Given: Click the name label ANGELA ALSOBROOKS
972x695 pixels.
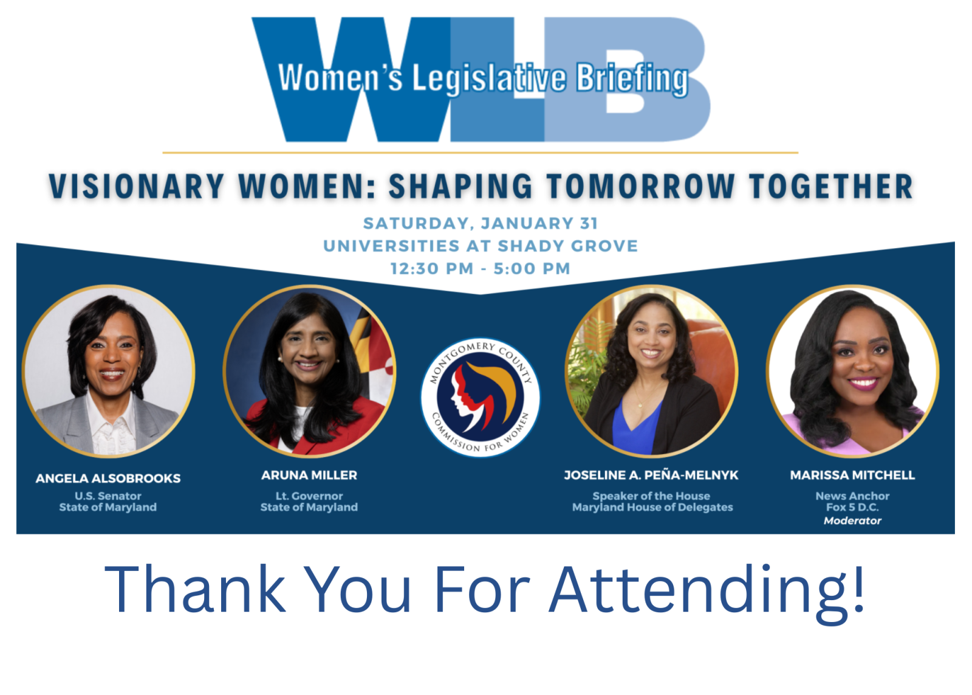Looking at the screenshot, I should (x=108, y=479).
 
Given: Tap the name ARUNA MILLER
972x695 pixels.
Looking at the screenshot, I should (x=309, y=475).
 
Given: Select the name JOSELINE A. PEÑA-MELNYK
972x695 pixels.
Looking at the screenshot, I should (x=651, y=475).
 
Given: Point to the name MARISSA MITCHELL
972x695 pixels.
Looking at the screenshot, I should (x=852, y=475).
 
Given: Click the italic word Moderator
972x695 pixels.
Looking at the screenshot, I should (x=852, y=520).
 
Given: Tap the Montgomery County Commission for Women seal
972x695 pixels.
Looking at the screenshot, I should (x=480, y=397).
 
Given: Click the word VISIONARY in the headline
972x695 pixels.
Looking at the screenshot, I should (x=137, y=187).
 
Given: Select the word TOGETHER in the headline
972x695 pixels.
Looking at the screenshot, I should (x=831, y=187).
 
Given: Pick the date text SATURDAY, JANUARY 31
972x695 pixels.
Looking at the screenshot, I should (x=481, y=224).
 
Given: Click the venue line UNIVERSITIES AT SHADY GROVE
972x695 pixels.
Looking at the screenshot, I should (x=481, y=246).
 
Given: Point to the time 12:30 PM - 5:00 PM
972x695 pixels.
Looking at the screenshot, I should (x=481, y=269).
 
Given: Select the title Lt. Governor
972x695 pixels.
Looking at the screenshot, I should (x=309, y=496).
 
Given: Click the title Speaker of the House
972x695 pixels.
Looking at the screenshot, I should (x=651, y=496).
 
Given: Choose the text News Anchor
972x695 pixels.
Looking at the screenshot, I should (x=852, y=496).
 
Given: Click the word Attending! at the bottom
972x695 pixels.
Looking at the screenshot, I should (x=708, y=590).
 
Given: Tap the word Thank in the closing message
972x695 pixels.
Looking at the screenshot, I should (x=194, y=590).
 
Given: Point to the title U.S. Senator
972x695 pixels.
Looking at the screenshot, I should (x=108, y=496).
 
